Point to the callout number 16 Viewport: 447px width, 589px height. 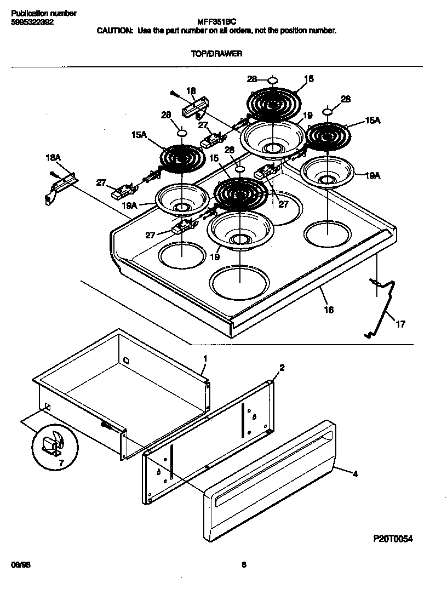329,310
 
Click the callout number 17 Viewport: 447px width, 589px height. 400,324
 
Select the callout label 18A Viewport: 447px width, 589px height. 53,158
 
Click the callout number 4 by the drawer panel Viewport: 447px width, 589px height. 355,474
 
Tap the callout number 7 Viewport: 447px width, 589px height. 61,463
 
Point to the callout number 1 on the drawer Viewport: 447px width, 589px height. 205,358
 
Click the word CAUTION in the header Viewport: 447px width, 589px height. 114,31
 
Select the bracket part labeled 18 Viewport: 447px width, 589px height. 196,107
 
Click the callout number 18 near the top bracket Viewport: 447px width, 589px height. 191,90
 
